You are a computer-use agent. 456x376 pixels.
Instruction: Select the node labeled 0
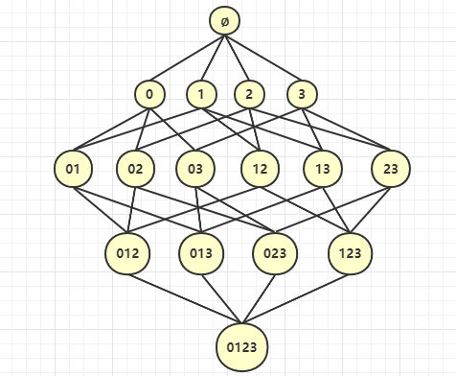[149, 94]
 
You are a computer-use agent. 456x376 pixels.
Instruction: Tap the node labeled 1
[201, 94]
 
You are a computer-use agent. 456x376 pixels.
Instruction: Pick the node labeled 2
[249, 94]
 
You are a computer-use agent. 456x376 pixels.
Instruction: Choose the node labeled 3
[302, 94]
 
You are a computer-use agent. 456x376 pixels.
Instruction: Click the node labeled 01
[73, 170]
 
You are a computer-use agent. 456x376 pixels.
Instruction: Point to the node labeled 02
[135, 170]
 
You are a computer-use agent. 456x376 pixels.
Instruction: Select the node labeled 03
[195, 170]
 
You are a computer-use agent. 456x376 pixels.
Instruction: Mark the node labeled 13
[321, 170]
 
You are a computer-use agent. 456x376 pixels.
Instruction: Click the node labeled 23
[391, 170]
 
